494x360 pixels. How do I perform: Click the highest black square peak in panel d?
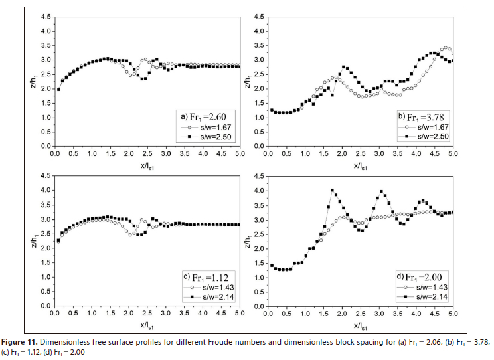(332, 191)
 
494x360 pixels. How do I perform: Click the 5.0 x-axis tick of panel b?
(452, 154)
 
